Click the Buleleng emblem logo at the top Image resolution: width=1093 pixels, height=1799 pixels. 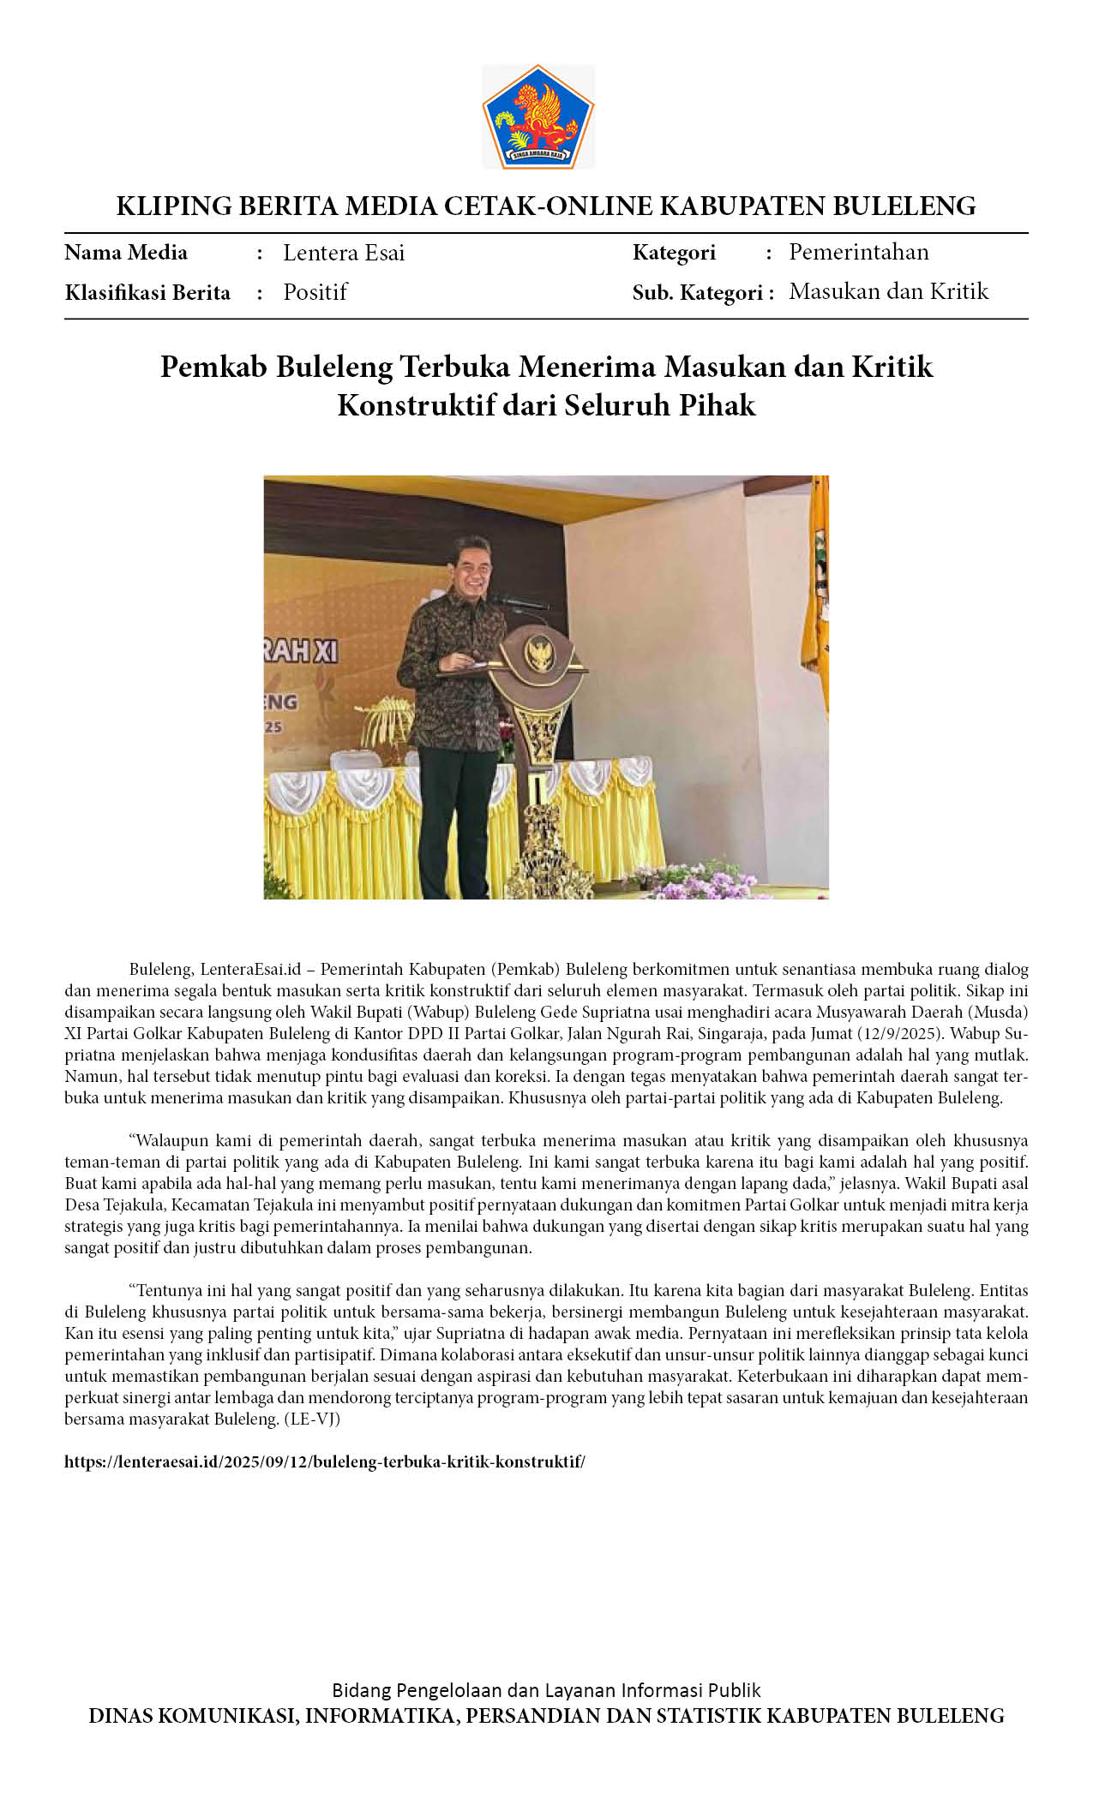(x=537, y=117)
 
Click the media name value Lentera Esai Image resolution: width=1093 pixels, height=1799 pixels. (x=343, y=253)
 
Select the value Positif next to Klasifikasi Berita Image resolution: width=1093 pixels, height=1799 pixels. (x=315, y=292)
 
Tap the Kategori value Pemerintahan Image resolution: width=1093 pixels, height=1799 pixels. (x=858, y=252)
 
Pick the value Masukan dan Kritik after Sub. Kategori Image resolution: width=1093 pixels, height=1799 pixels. (x=888, y=291)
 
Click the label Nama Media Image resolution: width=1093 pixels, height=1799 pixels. (x=126, y=253)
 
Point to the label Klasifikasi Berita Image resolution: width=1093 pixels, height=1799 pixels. (x=147, y=293)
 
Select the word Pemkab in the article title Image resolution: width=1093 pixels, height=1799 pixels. (x=213, y=367)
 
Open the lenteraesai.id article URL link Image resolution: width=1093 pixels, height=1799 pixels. (x=325, y=1461)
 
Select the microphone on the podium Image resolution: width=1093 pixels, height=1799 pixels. (x=517, y=603)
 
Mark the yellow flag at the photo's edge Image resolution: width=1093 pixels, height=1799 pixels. (x=815, y=600)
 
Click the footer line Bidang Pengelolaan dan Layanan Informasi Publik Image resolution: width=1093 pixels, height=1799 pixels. (x=546, y=1690)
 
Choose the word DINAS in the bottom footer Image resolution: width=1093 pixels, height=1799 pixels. (x=123, y=1716)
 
